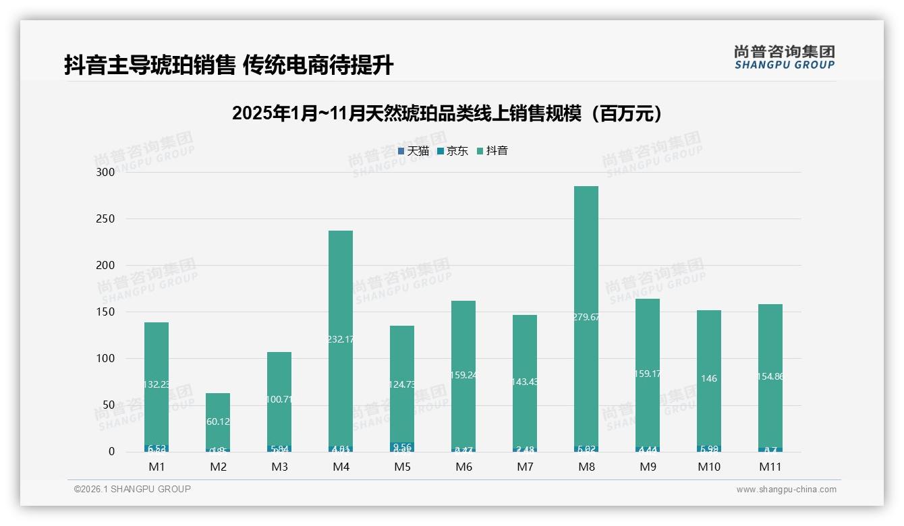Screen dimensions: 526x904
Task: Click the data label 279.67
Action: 586,317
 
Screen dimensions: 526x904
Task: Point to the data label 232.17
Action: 341,339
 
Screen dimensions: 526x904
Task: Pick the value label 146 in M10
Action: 708,379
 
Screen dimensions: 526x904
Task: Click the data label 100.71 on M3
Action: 279,399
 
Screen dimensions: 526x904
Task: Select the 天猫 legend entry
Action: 414,151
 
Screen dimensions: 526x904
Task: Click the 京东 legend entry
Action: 453,151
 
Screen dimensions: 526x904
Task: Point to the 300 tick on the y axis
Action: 106,172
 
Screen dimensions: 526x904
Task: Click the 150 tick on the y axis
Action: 106,312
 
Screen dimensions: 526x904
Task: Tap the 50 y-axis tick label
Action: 109,405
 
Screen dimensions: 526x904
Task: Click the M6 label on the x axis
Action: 463,467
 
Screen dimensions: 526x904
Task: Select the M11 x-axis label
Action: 770,467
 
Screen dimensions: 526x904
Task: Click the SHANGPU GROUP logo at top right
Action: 784,57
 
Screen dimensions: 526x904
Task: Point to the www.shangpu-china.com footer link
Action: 786,490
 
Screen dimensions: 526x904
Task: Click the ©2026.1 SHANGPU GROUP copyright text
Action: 132,489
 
